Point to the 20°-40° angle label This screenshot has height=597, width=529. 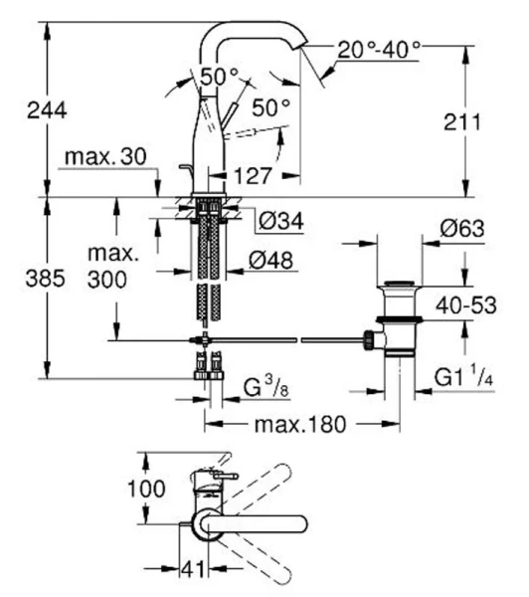pyautogui.click(x=379, y=47)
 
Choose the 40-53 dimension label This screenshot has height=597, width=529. pyautogui.click(x=468, y=305)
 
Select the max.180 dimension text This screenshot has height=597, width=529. pyautogui.click(x=298, y=424)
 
